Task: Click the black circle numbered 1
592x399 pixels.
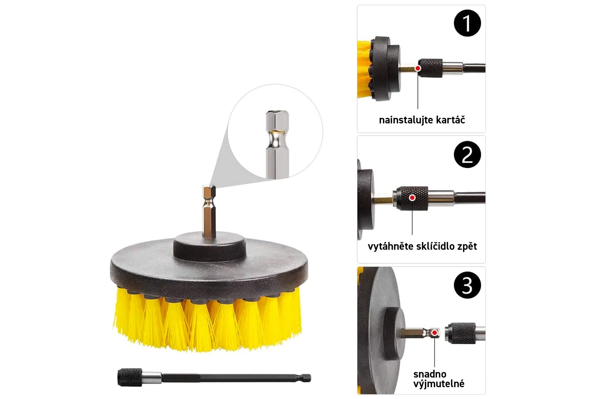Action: (x=467, y=23)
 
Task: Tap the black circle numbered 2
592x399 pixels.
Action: (x=467, y=154)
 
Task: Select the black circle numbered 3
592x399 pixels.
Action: (x=467, y=285)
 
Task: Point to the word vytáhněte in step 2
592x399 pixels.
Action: (x=390, y=246)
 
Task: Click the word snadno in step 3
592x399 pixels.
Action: (x=430, y=374)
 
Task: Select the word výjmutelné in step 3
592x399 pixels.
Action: (x=439, y=384)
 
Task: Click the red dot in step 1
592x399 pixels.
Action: (x=418, y=68)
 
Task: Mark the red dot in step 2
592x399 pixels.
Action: (x=412, y=198)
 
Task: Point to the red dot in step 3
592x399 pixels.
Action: (x=434, y=333)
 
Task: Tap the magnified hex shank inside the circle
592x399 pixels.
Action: (x=277, y=144)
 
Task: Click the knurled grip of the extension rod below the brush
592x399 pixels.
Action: (x=130, y=377)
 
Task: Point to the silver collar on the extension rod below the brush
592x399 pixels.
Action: (x=152, y=378)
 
